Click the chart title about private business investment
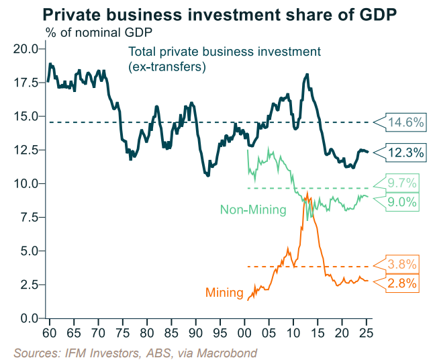[x=215, y=13]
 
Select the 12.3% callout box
[x=405, y=152]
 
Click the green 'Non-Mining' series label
[x=253, y=210]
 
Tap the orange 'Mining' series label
[x=224, y=293]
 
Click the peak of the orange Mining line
[x=307, y=193]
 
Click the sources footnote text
[x=135, y=351]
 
